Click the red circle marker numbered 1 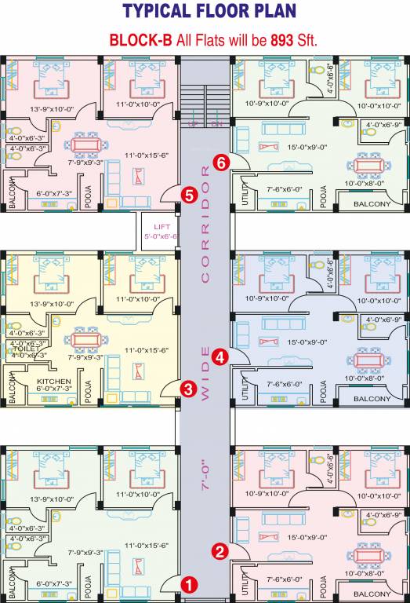189,584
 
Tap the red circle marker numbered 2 221,551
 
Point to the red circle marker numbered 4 221,356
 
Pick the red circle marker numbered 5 188,194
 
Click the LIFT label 161,225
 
